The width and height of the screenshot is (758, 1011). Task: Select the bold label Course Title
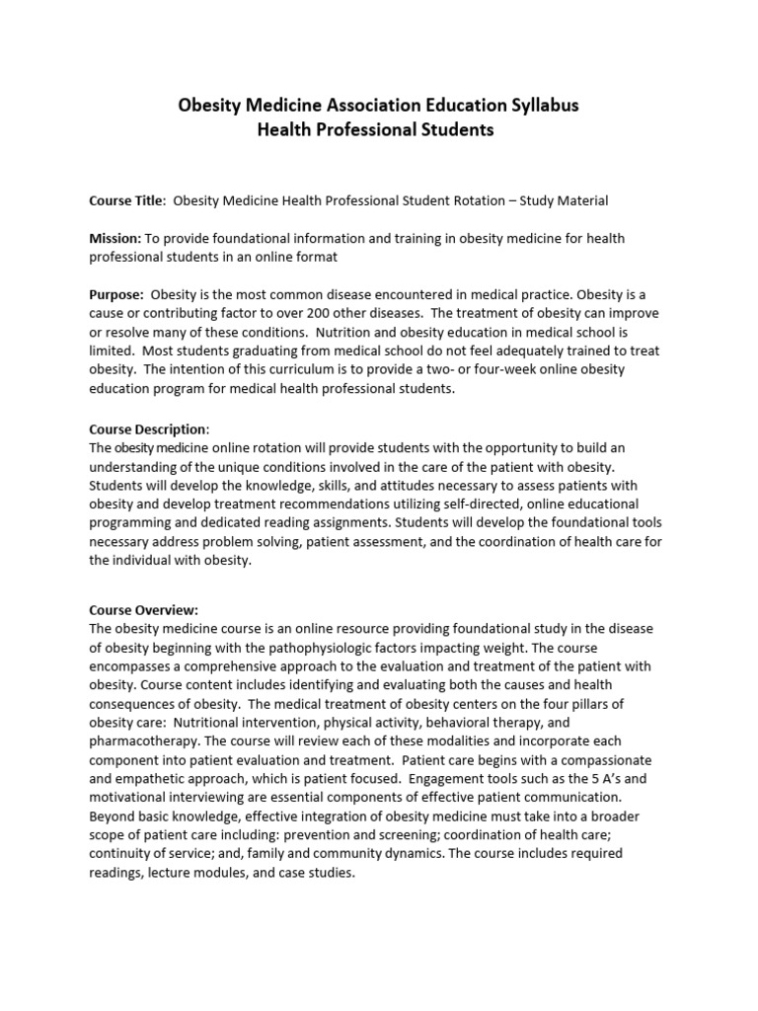point(127,200)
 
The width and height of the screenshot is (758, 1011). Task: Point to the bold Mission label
point(115,239)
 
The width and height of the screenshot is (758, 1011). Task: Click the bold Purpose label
point(116,295)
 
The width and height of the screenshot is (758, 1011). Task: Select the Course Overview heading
point(144,610)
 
